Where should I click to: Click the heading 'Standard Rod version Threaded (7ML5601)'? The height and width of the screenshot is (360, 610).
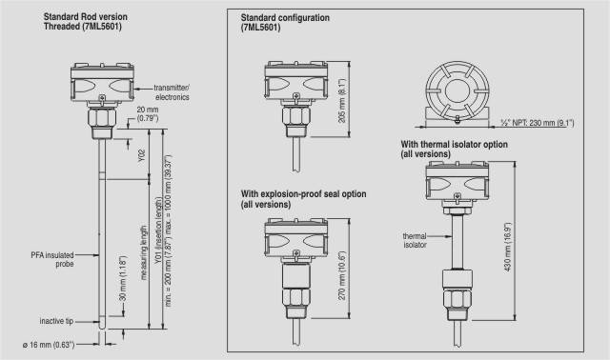(85, 22)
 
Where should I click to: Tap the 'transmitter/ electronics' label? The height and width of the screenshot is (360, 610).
(172, 92)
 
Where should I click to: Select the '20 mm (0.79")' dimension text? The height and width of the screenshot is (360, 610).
(148, 114)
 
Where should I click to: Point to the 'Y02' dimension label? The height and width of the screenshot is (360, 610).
(142, 155)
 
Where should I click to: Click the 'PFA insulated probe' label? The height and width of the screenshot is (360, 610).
(52, 259)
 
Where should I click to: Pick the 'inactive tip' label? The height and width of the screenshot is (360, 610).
(56, 321)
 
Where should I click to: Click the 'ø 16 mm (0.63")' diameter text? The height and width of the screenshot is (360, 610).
(49, 345)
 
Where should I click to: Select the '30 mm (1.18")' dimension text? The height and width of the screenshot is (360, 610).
(123, 278)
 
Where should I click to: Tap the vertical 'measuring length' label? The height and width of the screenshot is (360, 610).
(144, 252)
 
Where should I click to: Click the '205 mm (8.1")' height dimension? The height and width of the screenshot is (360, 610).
(342, 101)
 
